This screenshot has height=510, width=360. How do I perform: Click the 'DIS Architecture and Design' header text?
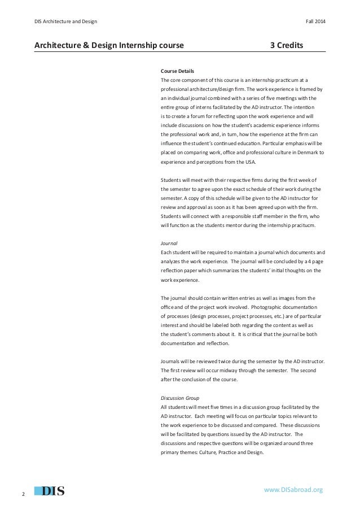tap(65, 21)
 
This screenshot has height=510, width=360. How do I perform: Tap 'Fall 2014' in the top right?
tap(315, 21)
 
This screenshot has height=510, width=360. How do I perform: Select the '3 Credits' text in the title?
tap(287, 43)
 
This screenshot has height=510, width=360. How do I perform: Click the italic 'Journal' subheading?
tap(169, 242)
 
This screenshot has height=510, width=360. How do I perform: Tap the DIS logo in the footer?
tap(50, 490)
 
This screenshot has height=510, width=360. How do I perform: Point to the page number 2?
tap(23, 495)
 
